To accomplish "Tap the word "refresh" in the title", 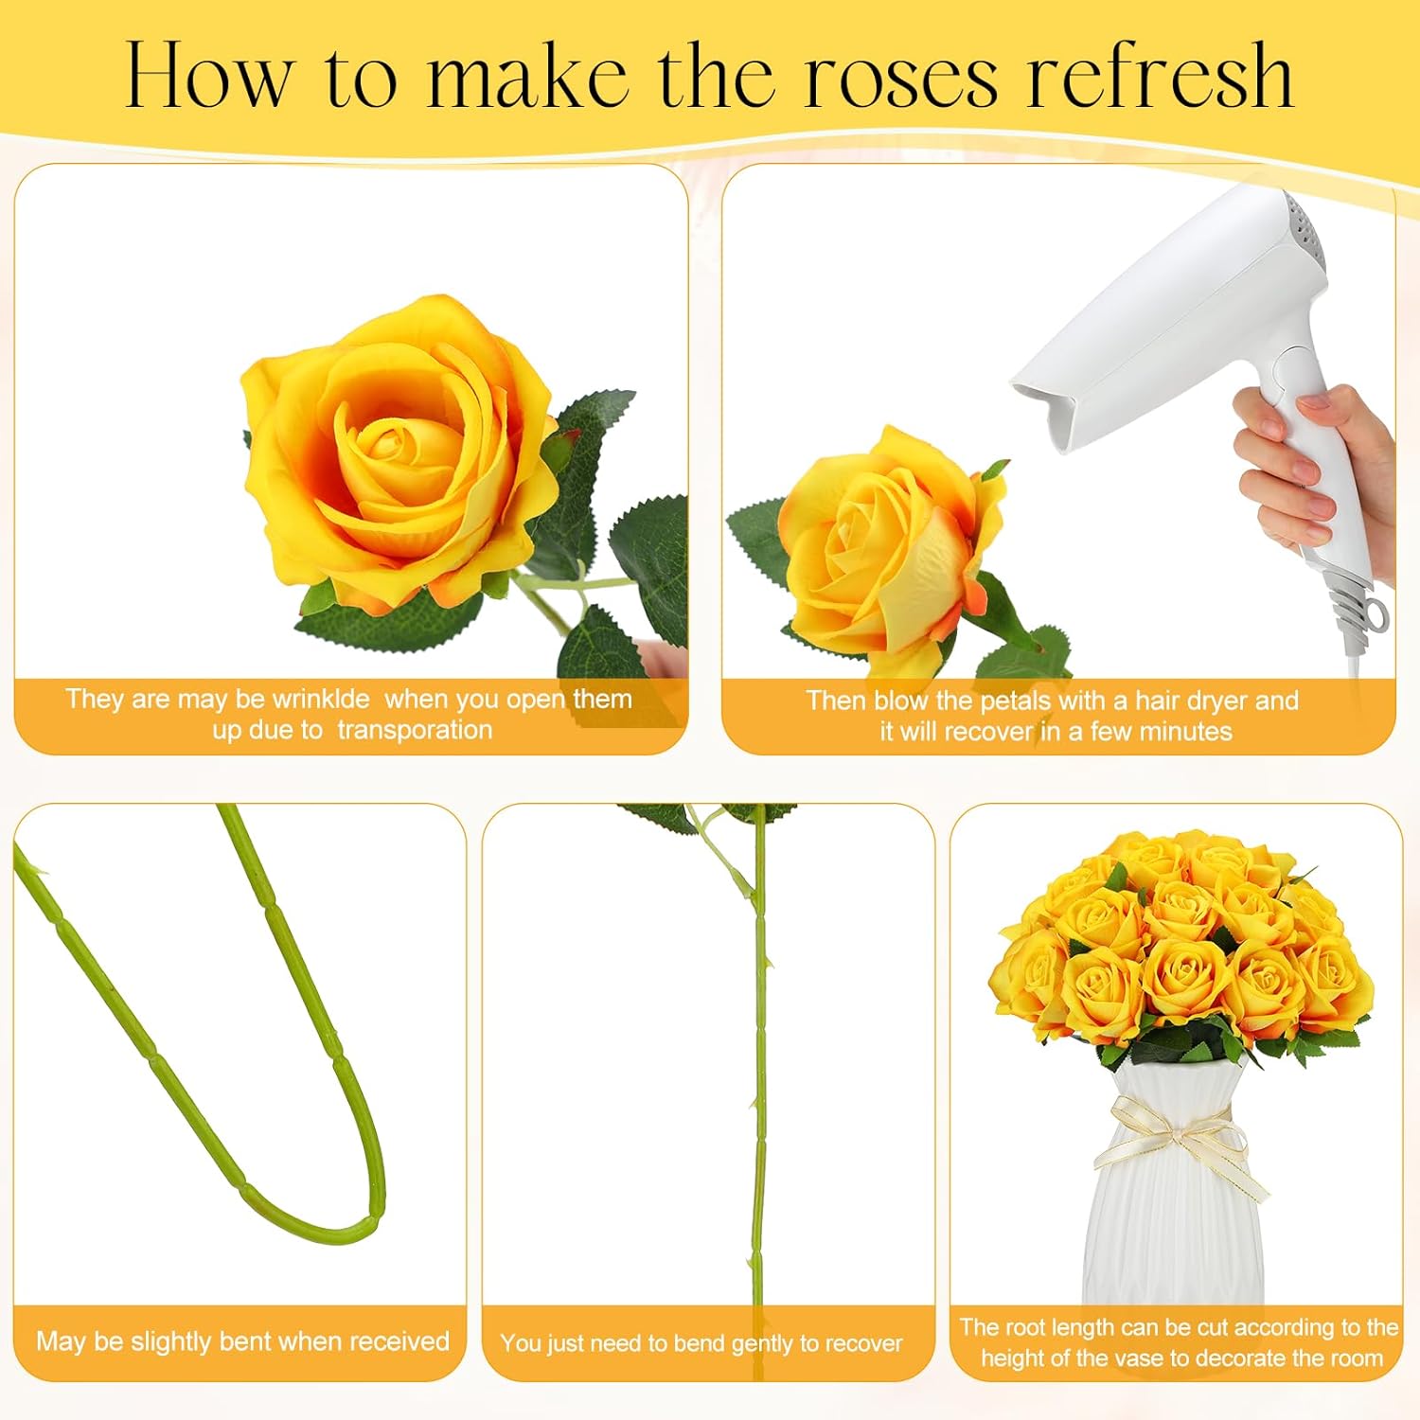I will click(x=1162, y=76).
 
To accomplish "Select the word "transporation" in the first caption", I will click(x=415, y=730).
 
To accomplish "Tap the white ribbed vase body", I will click(x=1174, y=1231).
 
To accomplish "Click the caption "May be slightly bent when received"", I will click(x=242, y=1341).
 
